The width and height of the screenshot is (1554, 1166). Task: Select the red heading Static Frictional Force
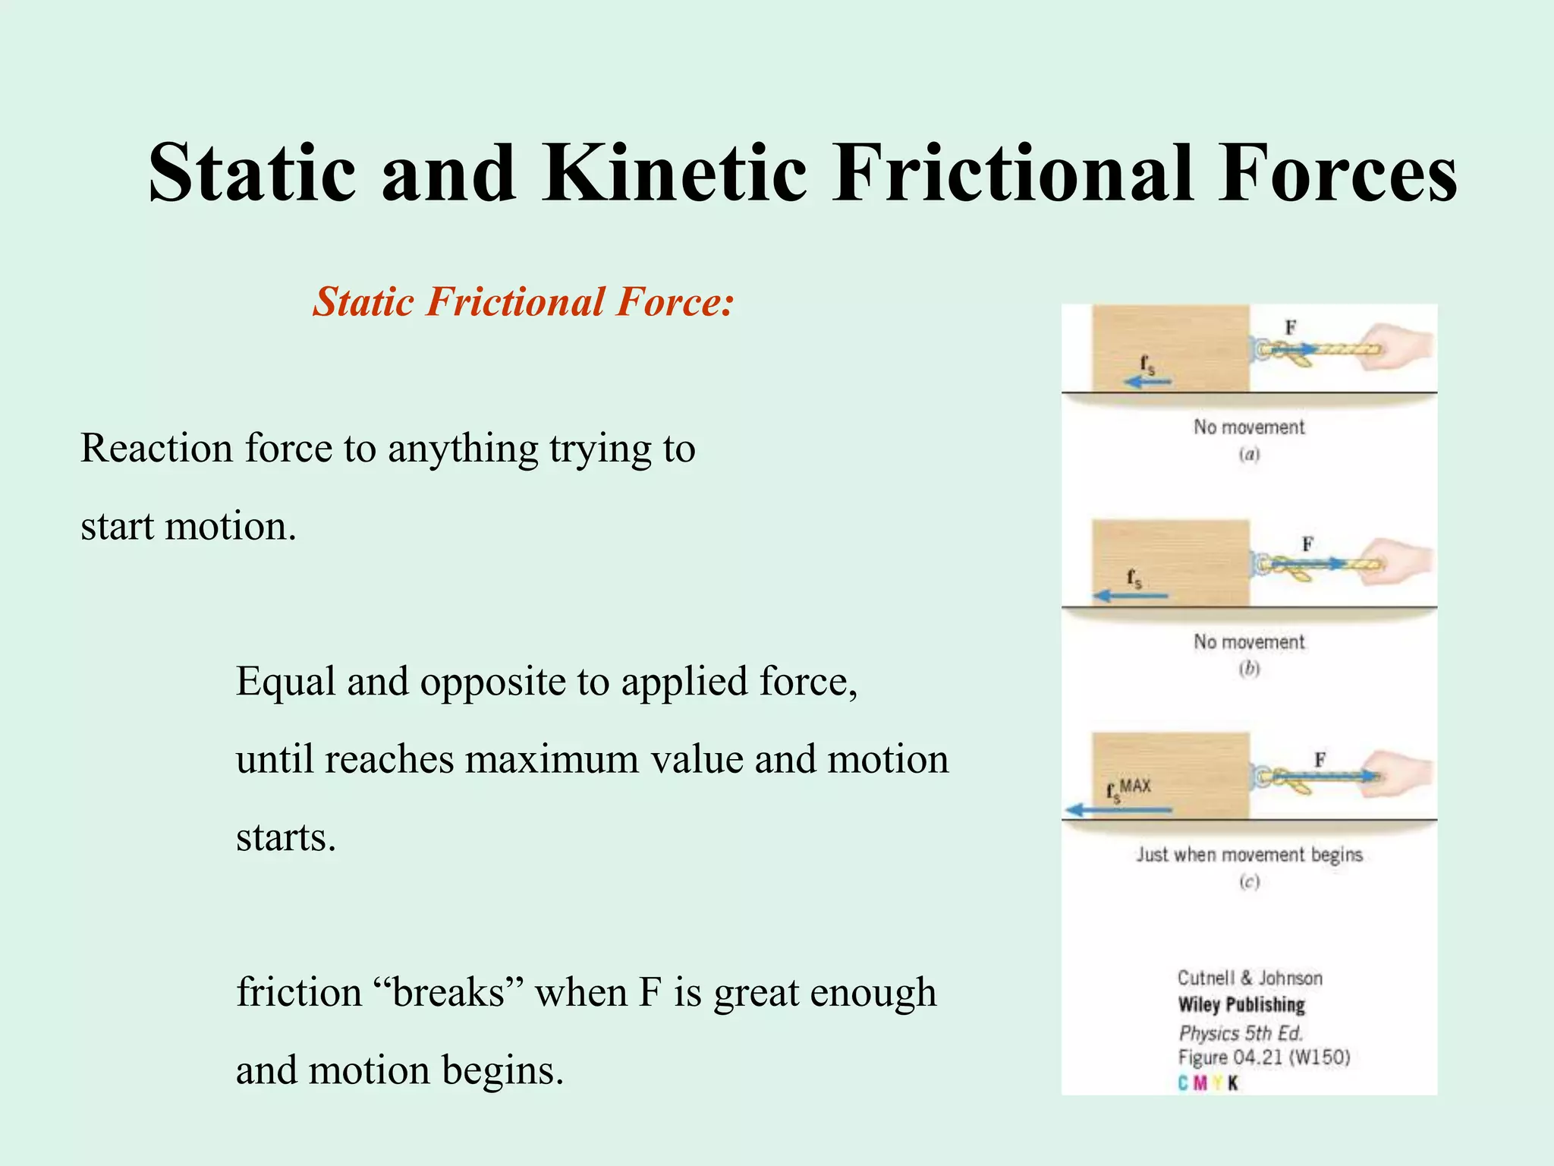(524, 302)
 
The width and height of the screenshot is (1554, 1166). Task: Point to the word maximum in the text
(552, 760)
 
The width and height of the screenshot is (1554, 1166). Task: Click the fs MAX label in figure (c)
(1128, 789)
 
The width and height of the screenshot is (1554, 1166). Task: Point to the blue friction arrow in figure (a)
(1147, 382)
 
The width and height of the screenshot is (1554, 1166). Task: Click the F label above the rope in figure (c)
(1320, 759)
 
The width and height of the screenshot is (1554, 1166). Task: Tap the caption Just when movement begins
(1249, 855)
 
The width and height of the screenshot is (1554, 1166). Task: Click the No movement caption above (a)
(1249, 427)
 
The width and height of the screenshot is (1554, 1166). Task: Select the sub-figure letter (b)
(1249, 669)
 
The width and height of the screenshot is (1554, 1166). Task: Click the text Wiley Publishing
(1241, 1005)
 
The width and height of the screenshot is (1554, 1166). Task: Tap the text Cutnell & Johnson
(1249, 978)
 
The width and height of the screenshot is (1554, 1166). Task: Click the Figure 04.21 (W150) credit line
(1263, 1057)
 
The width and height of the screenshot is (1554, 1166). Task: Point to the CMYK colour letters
(1207, 1083)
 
